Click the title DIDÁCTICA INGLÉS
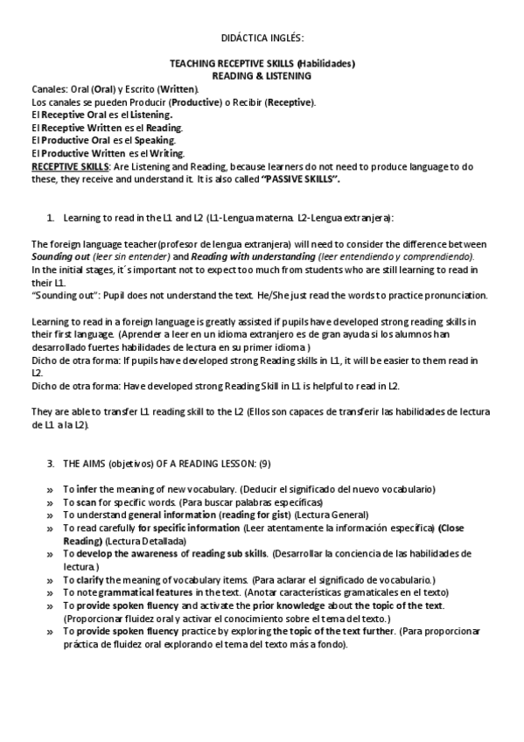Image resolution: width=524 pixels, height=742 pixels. pyautogui.click(x=262, y=39)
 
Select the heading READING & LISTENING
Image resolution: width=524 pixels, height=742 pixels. pyautogui.click(x=262, y=76)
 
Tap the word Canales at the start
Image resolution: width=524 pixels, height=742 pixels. pyautogui.click(x=48, y=89)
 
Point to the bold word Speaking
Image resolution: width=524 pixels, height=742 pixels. pyautogui.click(x=156, y=140)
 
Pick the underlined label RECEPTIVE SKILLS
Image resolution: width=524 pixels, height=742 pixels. pyautogui.click(x=70, y=165)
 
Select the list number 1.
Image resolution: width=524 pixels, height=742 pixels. pyautogui.click(x=50, y=216)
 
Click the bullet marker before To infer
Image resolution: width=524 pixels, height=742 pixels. pyautogui.click(x=49, y=488)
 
